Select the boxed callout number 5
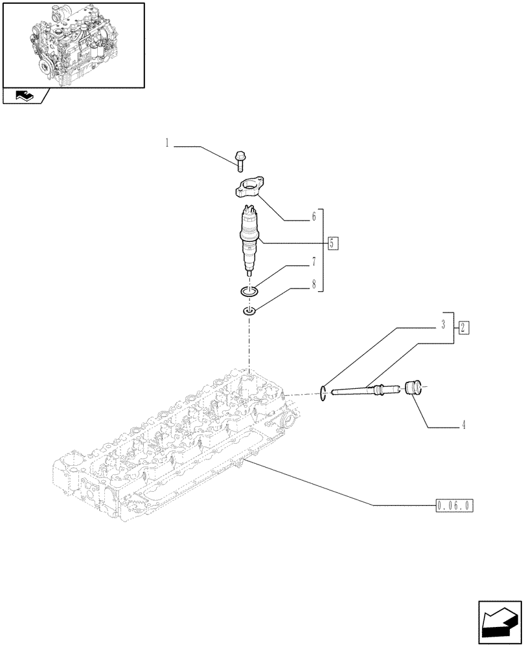click(x=332, y=243)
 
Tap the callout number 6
click(x=314, y=217)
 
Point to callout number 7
click(x=314, y=262)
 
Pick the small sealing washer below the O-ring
click(x=249, y=313)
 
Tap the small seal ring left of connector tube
click(x=323, y=391)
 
